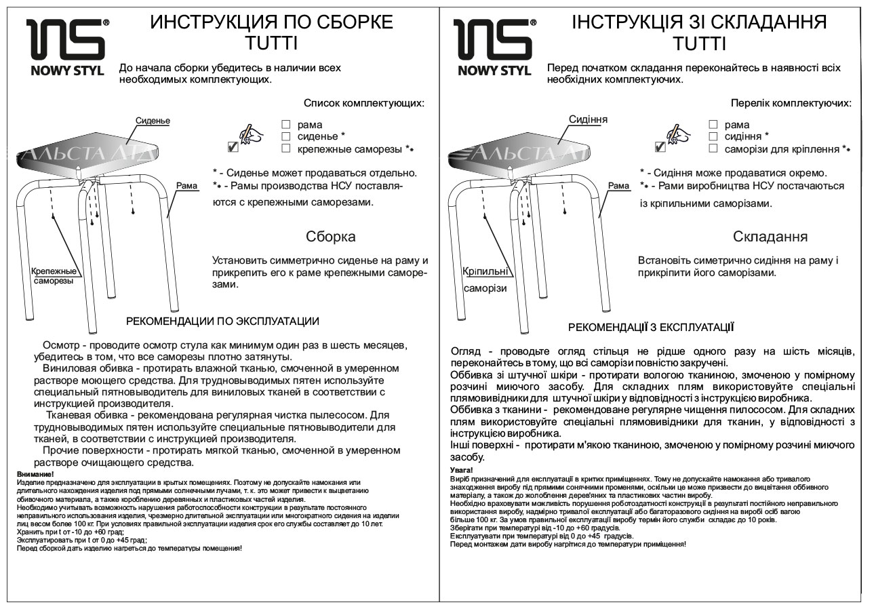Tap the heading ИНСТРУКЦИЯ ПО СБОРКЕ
coord(271,22)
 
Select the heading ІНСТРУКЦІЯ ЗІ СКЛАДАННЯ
coord(699,22)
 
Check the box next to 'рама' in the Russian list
coord(286,125)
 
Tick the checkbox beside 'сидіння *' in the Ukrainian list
coord(713,136)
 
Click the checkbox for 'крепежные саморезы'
coord(286,148)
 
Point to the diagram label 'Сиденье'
coord(153,121)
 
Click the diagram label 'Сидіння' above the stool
coord(588,119)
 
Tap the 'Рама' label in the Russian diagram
coord(186,185)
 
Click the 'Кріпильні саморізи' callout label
coord(485,279)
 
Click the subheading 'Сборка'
coord(331,237)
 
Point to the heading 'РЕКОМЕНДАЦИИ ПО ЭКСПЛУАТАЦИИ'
coord(222,321)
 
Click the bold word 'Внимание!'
coord(35,473)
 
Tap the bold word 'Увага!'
coord(461,470)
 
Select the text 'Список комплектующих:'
coord(363,104)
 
